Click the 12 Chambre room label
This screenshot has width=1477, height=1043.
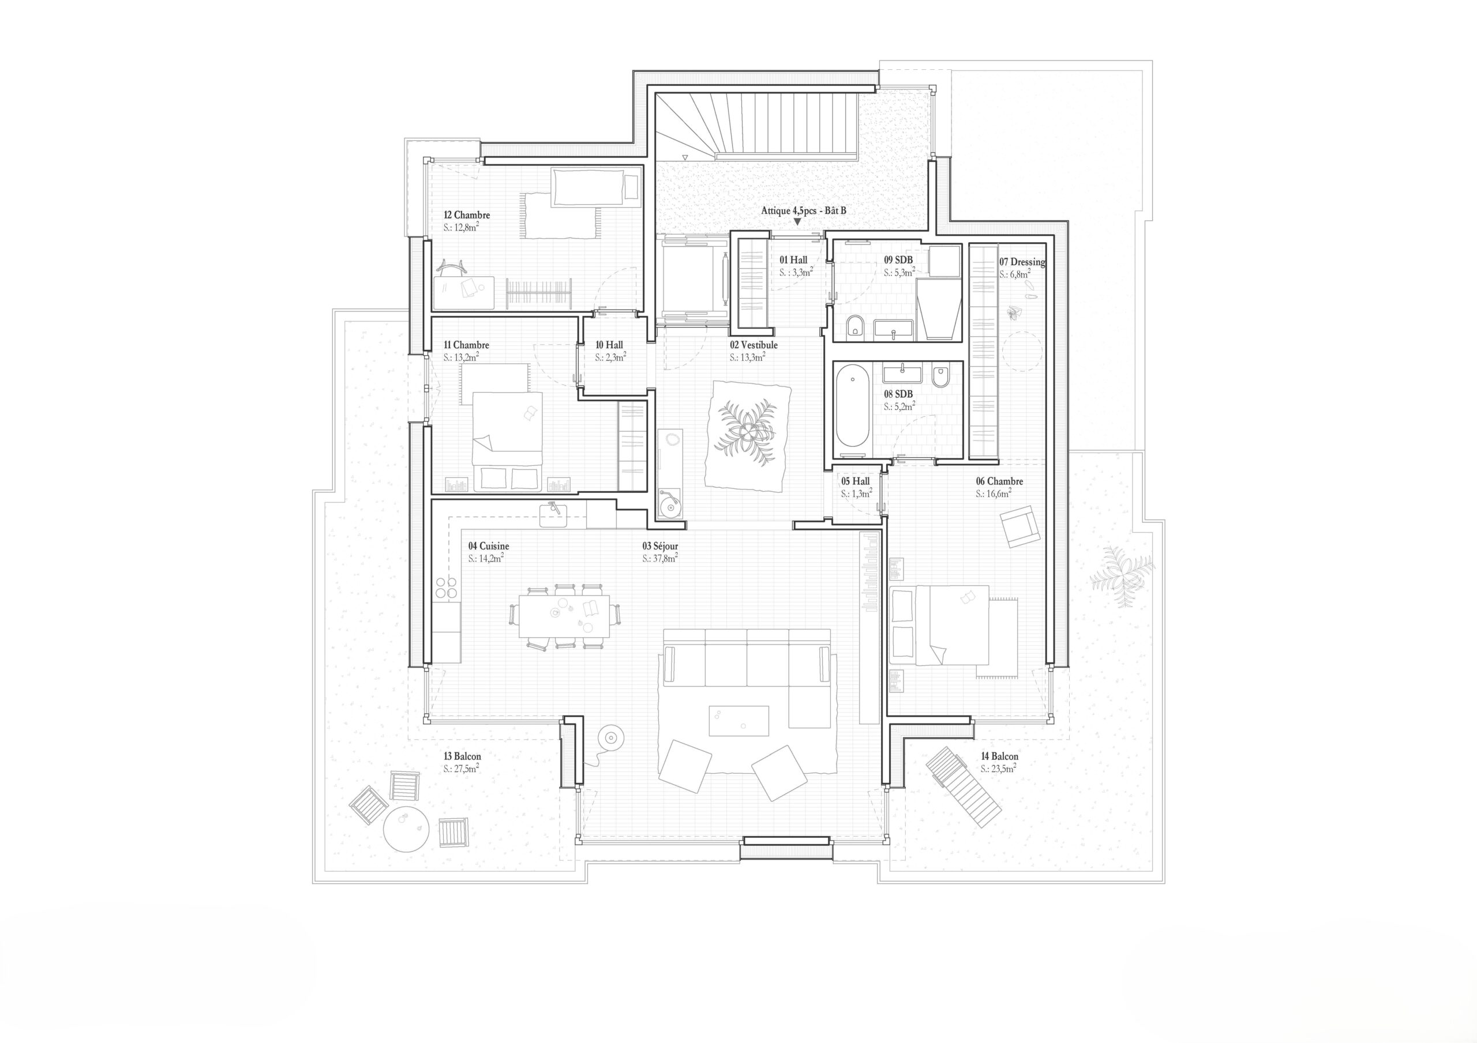(466, 215)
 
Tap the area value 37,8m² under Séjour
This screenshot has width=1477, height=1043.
(659, 559)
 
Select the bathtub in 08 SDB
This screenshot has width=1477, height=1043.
(852, 405)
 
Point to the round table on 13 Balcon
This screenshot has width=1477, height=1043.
(406, 830)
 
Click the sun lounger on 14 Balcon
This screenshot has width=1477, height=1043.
(963, 786)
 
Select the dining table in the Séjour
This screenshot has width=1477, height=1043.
(564, 615)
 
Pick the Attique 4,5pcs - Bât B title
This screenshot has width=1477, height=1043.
(804, 210)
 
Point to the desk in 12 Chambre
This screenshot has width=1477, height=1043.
(463, 292)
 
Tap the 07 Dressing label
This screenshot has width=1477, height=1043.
(1022, 262)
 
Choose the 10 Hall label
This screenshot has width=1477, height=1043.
(609, 345)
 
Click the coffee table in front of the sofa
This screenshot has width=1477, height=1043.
(738, 721)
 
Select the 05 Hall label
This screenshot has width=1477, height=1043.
(855, 481)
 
